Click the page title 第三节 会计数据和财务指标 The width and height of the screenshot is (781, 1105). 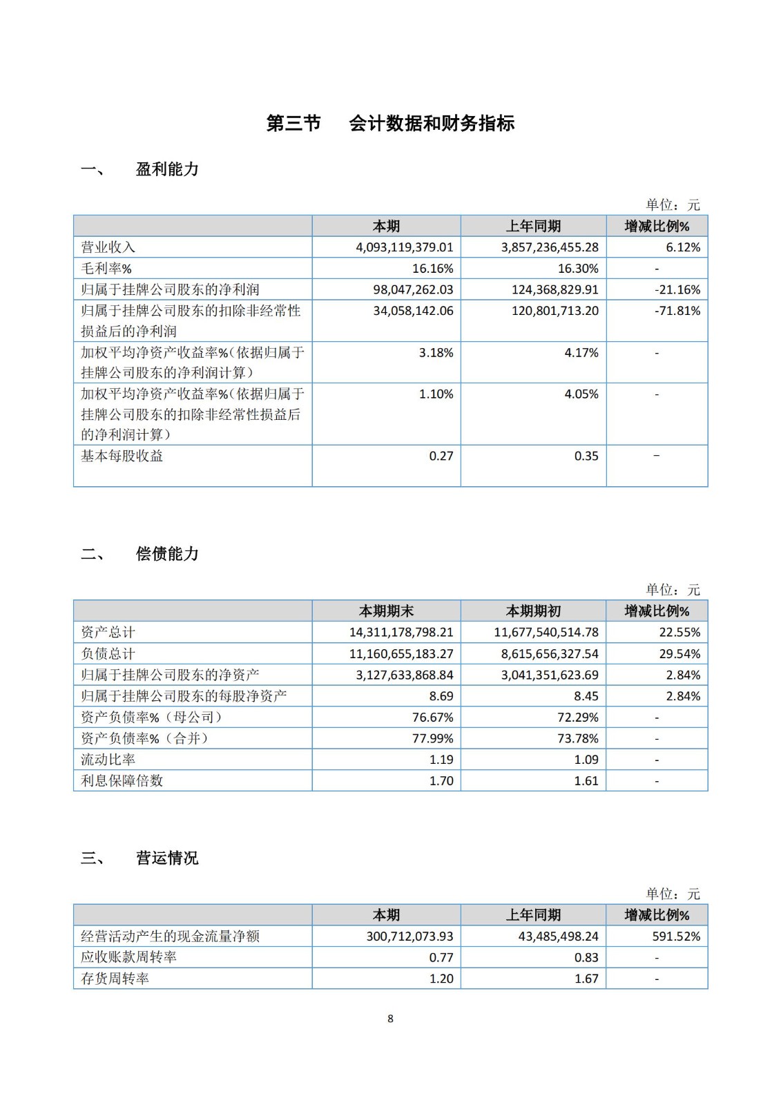[x=390, y=124]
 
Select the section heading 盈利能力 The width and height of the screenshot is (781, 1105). [x=167, y=169]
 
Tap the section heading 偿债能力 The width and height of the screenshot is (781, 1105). [x=167, y=554]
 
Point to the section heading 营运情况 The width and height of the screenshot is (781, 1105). [x=167, y=858]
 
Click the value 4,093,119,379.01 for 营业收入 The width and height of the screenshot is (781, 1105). [x=405, y=247]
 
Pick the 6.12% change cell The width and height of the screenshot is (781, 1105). [x=683, y=247]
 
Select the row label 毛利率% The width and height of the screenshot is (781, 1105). [x=106, y=269]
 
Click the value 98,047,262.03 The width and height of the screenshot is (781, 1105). [x=413, y=290]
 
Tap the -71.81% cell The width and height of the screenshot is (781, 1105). [x=677, y=311]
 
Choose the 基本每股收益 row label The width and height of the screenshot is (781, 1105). [x=122, y=456]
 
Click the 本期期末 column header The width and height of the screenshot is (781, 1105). [x=386, y=611]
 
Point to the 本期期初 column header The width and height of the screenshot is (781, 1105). [x=533, y=611]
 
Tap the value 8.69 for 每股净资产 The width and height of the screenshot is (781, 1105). [x=441, y=696]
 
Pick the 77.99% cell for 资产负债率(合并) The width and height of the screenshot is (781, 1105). [x=433, y=738]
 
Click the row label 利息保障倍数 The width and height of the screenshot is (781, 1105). [x=122, y=780]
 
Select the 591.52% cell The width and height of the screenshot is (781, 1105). [x=677, y=936]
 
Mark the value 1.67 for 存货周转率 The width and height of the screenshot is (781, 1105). [x=586, y=979]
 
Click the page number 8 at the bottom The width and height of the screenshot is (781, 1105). [x=390, y=1019]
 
